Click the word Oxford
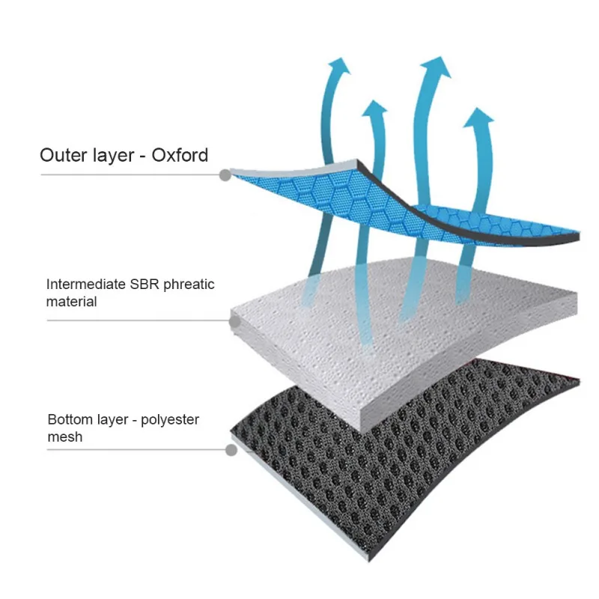click(180, 156)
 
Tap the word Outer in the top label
click(64, 156)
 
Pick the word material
click(72, 302)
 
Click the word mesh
click(64, 437)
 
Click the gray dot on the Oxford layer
click(225, 175)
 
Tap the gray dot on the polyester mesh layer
click(231, 450)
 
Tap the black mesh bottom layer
click(419, 457)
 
